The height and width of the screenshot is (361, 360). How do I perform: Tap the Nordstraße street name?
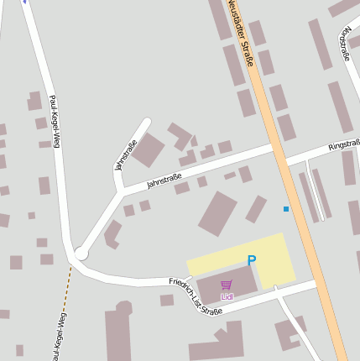[345, 43]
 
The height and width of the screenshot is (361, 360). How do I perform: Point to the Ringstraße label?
[344, 144]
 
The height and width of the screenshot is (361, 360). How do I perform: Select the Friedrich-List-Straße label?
[195, 296]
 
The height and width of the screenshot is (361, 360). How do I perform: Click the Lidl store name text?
[227, 296]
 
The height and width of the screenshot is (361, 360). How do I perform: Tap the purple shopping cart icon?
[227, 286]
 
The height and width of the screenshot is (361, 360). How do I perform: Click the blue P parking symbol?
[251, 261]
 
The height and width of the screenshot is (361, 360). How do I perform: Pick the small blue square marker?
[286, 208]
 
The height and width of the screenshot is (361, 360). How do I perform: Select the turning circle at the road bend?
[81, 253]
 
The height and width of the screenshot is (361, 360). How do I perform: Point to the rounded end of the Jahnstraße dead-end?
[147, 123]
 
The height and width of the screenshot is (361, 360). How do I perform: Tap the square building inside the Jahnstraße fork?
[149, 150]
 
